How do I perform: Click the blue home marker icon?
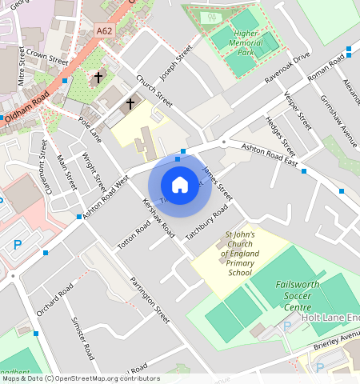(x=180, y=185)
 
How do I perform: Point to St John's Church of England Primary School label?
(x=240, y=254)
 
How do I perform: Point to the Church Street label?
(x=154, y=92)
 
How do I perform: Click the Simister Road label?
(x=82, y=339)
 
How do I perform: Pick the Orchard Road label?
(x=54, y=299)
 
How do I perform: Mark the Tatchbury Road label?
(x=206, y=222)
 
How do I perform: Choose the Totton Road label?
(x=134, y=235)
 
